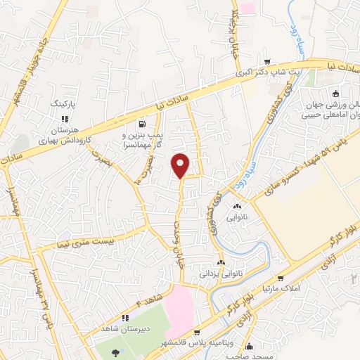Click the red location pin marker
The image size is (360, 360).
(181, 165)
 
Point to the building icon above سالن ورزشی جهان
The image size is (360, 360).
(335, 94)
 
